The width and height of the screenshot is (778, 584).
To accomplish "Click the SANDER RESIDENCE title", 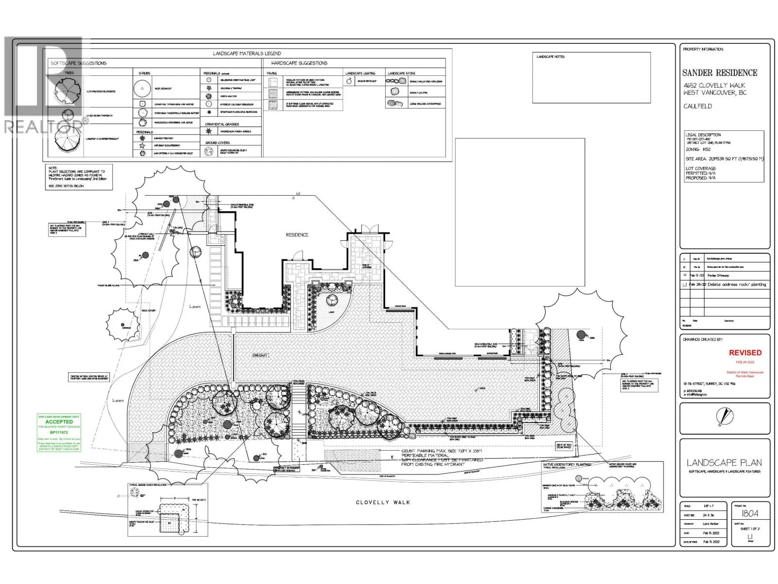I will (x=720, y=73).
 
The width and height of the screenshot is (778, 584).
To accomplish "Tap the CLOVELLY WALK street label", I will (x=383, y=502).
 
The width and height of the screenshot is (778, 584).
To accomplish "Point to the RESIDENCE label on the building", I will (x=297, y=235).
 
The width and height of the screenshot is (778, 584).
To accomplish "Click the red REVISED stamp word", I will (x=745, y=352).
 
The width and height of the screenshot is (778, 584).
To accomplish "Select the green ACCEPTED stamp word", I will (x=59, y=422).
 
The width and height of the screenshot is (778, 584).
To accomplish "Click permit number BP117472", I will (x=59, y=432).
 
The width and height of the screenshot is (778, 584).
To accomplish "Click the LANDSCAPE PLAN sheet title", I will (x=724, y=463).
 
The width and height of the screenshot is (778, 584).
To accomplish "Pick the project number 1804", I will (x=749, y=513).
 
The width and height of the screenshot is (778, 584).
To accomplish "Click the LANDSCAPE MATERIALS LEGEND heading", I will (x=247, y=54).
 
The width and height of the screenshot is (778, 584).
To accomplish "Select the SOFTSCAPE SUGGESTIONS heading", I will (x=79, y=63).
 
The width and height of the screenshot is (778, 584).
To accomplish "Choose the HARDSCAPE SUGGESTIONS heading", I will (x=299, y=63).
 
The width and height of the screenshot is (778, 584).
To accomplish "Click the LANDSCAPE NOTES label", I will (x=550, y=57).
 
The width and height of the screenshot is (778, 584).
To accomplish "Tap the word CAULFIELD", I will (x=697, y=106).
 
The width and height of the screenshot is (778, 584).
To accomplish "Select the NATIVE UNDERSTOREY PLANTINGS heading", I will (x=567, y=465).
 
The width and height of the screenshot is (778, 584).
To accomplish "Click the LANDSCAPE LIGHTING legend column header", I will (x=360, y=73).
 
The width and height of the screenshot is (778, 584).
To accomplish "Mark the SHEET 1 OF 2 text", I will (x=749, y=529).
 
